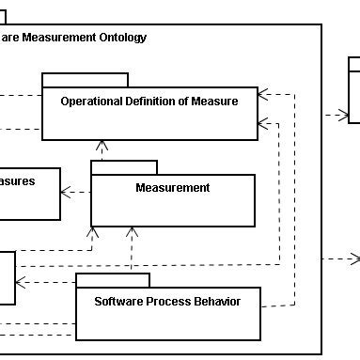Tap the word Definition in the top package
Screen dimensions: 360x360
tap(157, 102)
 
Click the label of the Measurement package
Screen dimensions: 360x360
tap(173, 188)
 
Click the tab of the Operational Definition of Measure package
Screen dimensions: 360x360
tap(85, 79)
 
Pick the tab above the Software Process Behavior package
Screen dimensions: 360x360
tap(113, 279)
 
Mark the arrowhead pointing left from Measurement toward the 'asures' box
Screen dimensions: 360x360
tap(66, 194)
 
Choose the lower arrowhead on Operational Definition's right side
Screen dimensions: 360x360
tap(262, 120)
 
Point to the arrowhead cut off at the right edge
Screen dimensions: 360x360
tap(355, 258)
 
